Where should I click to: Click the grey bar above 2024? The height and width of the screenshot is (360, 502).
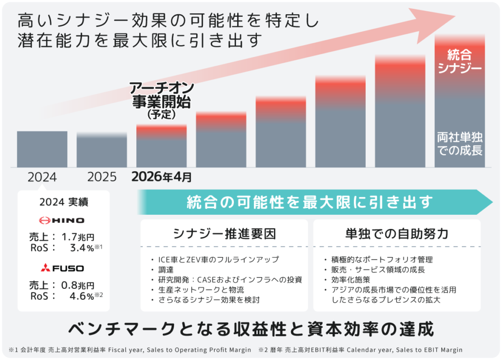point(42,149)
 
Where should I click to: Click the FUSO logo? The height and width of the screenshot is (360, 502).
point(62,268)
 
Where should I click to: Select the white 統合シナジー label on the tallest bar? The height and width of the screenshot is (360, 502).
point(459,59)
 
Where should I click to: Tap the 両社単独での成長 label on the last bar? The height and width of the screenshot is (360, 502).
point(459,143)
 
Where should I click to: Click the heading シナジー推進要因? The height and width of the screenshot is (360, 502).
point(224,233)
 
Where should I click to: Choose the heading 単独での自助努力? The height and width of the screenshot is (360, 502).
point(397,233)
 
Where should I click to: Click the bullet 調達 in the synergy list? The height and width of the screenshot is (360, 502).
point(165,269)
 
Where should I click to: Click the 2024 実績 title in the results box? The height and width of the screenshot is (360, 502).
point(63,202)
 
